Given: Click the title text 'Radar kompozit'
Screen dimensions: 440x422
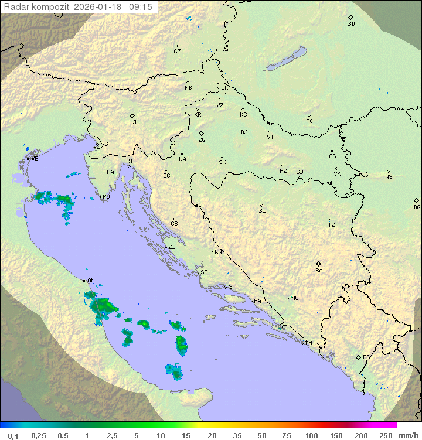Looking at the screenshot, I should tap(37, 6).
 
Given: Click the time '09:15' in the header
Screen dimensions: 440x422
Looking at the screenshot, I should tap(141, 6).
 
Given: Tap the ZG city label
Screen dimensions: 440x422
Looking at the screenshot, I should tap(202, 140).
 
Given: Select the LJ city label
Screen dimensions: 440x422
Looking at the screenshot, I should tap(132, 122).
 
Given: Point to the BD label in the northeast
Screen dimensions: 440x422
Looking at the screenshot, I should tap(351, 24).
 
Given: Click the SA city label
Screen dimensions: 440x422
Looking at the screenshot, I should tap(319, 270).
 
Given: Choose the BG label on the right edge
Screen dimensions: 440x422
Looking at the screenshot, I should tap(417, 207).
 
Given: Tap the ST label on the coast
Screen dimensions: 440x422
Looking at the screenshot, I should tap(232, 287).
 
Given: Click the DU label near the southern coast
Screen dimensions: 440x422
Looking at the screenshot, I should tap(308, 343).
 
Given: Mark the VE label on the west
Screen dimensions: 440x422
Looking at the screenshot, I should tap(35, 159).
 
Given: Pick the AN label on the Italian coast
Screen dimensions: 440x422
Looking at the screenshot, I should tap(91, 281).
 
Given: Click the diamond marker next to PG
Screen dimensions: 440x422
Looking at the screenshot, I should tap(358, 357).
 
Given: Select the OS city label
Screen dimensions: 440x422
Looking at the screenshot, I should tap(332, 156).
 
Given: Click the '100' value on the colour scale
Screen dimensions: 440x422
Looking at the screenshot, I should tap(311, 435).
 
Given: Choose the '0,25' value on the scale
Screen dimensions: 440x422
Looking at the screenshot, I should tap(39, 435).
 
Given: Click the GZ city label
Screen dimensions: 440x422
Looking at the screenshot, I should tap(177, 51).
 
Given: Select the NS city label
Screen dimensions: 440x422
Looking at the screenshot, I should tap(389, 177).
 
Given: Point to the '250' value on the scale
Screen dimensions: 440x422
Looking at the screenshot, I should tap(386, 435).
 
